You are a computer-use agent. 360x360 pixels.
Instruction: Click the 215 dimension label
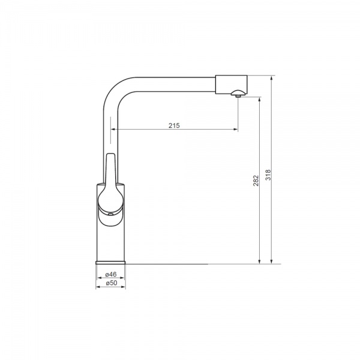[x=174, y=125]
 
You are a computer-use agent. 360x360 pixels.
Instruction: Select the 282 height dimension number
[x=256, y=181]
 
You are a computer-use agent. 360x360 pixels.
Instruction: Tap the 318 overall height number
[x=268, y=175]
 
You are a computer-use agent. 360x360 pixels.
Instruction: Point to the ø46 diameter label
[x=111, y=274]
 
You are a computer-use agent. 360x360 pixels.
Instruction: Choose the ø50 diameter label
[x=112, y=283]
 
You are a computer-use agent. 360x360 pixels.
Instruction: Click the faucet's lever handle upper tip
[x=110, y=154]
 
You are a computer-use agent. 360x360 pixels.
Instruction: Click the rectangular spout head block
[x=231, y=84]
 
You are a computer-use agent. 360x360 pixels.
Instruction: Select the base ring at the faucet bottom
[x=110, y=262]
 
